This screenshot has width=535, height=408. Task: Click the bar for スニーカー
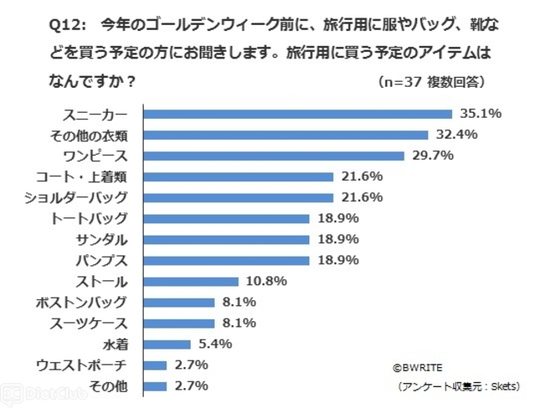click(x=298, y=114)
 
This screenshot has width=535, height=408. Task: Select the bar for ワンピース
click(x=273, y=156)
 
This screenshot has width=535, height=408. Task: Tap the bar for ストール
click(x=191, y=281)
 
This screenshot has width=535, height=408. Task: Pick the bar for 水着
click(x=167, y=344)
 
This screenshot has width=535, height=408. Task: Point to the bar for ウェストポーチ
click(x=155, y=365)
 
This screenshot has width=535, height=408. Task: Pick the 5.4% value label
click(x=214, y=344)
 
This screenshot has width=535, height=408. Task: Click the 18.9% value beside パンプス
click(x=339, y=260)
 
